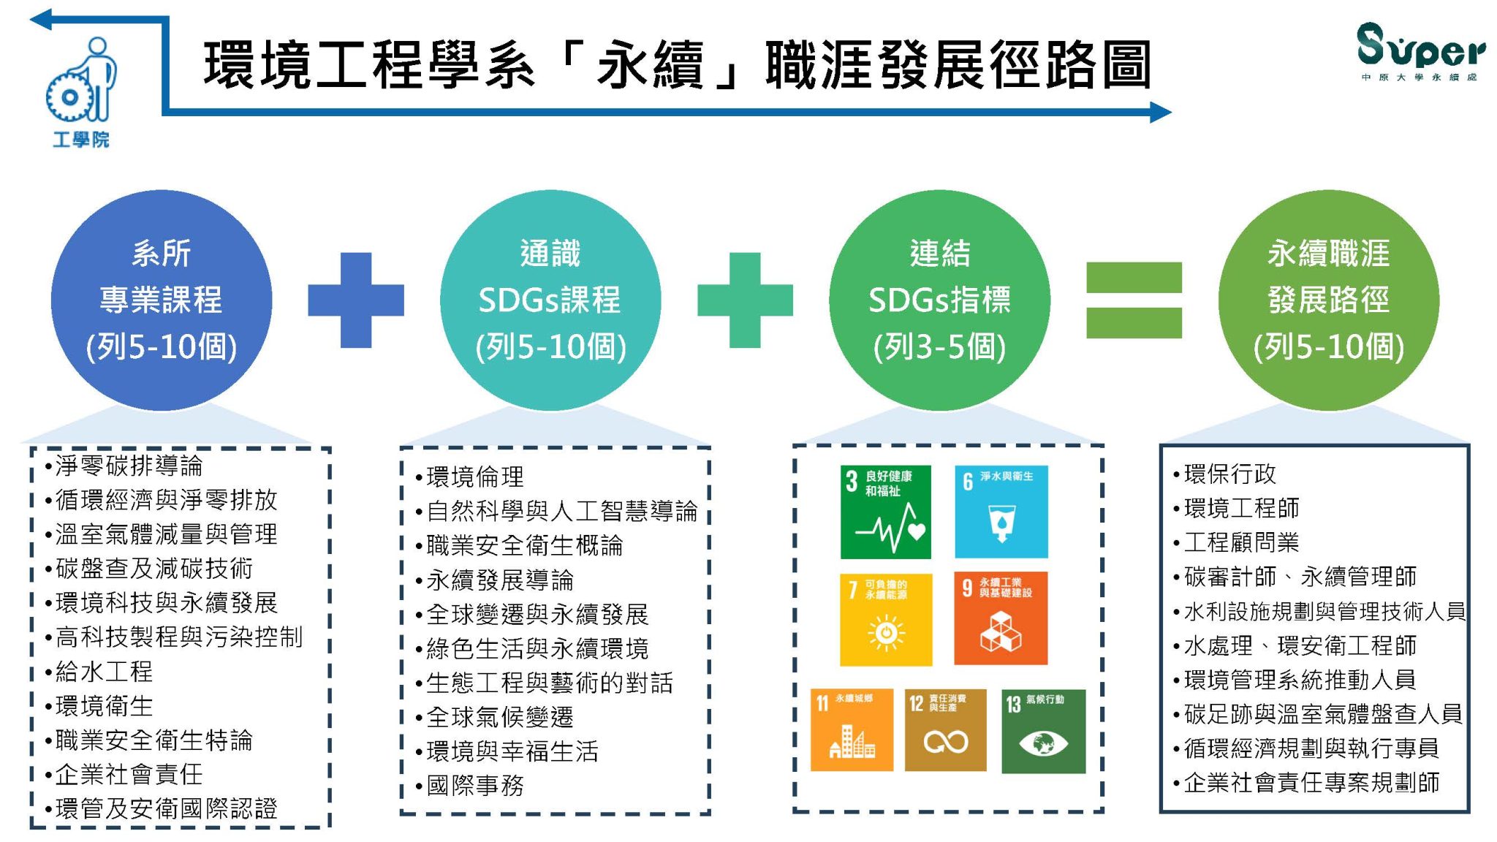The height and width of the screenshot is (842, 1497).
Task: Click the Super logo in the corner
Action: coord(1420,51)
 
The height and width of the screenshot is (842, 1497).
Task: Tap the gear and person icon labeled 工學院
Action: coord(81,91)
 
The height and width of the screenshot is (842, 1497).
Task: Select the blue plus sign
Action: coord(356,300)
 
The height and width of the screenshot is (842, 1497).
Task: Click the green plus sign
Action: coord(745,300)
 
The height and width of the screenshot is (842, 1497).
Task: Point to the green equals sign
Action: coord(1134,300)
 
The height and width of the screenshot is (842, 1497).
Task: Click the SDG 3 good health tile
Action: coord(885,512)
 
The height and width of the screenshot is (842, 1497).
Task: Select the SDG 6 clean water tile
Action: coord(1001,512)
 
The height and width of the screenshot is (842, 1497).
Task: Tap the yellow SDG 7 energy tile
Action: coord(885,618)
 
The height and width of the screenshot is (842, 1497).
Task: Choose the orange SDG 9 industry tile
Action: coord(1001,618)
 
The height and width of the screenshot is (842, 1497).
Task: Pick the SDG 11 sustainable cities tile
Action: coord(852,730)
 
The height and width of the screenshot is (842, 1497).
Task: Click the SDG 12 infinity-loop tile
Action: coord(945,730)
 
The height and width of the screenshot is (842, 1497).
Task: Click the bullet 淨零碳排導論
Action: coord(124,466)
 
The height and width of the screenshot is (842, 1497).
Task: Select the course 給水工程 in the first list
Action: coord(99,671)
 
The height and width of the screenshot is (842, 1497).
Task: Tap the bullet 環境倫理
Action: coord(469,477)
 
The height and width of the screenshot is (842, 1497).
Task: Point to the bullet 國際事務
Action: coord(469,786)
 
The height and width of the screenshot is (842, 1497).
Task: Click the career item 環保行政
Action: coord(1224,474)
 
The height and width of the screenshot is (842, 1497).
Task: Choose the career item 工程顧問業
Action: coord(1236,542)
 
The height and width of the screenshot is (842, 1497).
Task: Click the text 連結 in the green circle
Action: coord(939,254)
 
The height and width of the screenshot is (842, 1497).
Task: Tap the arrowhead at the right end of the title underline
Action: coord(1161,113)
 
